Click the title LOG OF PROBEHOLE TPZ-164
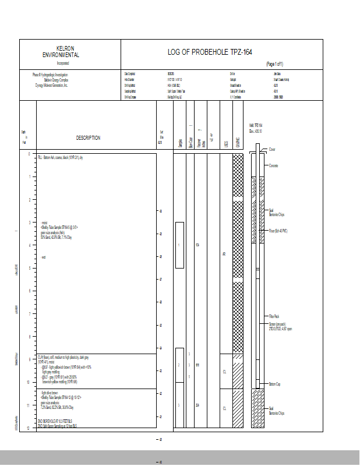(210, 52)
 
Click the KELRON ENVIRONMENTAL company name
(65, 52)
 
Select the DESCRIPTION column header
(88, 138)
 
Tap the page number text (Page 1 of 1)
(274, 64)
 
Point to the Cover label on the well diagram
(273, 150)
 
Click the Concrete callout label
(274, 165)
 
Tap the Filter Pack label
(274, 316)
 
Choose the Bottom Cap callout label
(275, 384)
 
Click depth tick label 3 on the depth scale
(29, 222)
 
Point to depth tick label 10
(28, 382)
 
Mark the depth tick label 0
(29, 154)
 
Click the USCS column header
(226, 143)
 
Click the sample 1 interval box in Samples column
(179, 245)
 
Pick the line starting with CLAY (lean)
(63, 356)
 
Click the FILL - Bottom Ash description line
(61, 158)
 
